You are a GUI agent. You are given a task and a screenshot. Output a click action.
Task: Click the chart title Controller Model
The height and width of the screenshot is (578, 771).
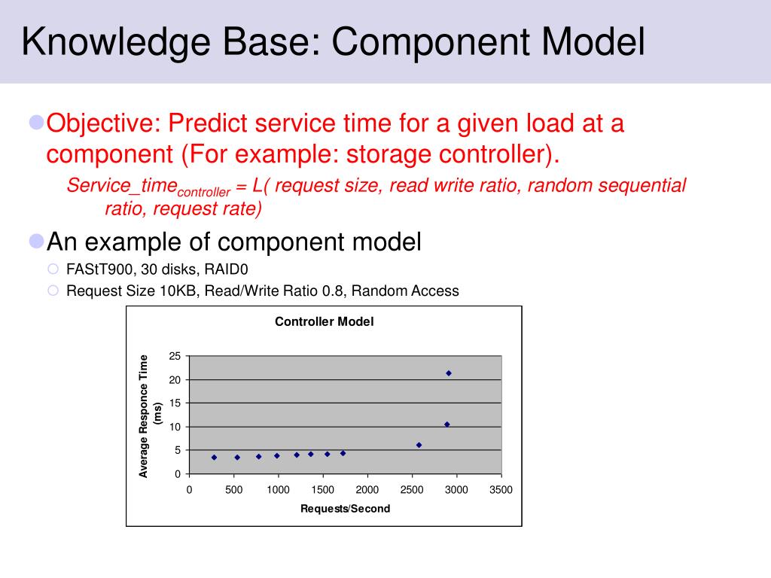pos(324,321)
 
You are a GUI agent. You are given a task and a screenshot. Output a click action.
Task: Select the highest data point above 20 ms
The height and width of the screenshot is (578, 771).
pos(449,373)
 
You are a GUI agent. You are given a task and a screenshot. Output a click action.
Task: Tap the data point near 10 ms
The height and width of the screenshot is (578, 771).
pos(447,424)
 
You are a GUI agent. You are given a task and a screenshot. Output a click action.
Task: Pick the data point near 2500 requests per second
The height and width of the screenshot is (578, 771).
pos(419,446)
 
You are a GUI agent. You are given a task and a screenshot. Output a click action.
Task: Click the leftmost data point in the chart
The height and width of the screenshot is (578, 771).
pos(214,458)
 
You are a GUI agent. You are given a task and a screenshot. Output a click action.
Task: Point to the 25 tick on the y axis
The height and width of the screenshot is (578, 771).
pos(175,356)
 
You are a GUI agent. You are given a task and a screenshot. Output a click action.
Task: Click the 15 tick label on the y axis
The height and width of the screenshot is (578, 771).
pos(175,403)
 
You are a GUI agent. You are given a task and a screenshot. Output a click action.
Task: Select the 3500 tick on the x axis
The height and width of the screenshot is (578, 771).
pos(501,489)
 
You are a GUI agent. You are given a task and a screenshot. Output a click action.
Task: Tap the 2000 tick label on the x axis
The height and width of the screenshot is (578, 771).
pos(367,489)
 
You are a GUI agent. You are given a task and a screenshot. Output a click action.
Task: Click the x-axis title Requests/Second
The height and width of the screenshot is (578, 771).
pos(345,509)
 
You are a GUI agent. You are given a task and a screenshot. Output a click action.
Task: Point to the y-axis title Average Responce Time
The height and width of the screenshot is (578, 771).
pos(143,415)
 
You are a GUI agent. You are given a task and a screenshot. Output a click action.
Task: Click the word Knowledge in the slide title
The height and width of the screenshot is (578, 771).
pos(116,42)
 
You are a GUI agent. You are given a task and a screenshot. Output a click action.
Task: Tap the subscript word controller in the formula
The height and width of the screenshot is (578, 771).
pos(203,192)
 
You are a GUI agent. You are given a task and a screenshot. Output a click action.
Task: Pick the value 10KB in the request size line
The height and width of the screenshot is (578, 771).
pos(178,291)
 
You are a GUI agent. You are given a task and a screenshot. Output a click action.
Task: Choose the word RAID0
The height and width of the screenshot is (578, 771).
pos(226,269)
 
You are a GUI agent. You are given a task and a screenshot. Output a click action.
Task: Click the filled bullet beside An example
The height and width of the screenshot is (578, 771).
pos(37,242)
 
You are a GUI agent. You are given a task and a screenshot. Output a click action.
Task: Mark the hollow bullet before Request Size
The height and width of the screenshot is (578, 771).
pos(53,291)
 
